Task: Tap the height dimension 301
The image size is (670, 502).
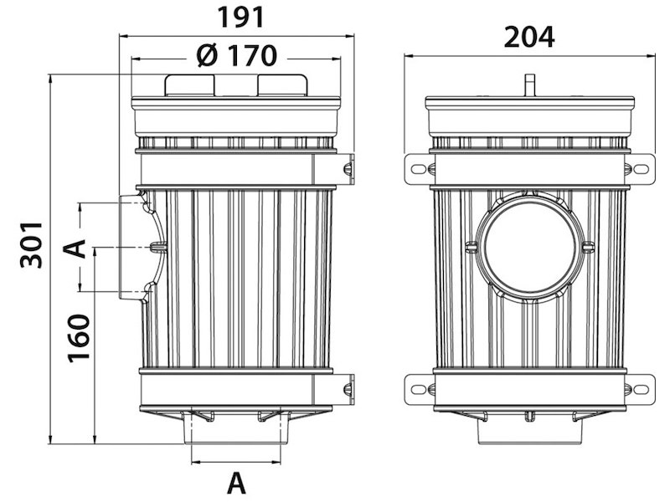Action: (31, 244)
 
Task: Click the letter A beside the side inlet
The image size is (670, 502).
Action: (76, 248)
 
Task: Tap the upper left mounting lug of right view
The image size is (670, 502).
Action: (417, 169)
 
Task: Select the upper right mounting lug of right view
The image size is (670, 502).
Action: (642, 169)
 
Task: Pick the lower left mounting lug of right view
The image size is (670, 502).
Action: (417, 388)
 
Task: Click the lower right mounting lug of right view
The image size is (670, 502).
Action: (642, 388)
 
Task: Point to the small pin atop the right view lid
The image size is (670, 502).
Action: (528, 85)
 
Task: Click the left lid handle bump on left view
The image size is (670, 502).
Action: (190, 85)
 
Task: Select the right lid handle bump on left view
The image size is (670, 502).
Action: (282, 85)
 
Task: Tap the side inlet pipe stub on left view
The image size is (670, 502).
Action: (131, 248)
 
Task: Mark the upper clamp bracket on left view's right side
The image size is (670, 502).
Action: (346, 169)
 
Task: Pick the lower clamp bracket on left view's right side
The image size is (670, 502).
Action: (346, 388)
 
